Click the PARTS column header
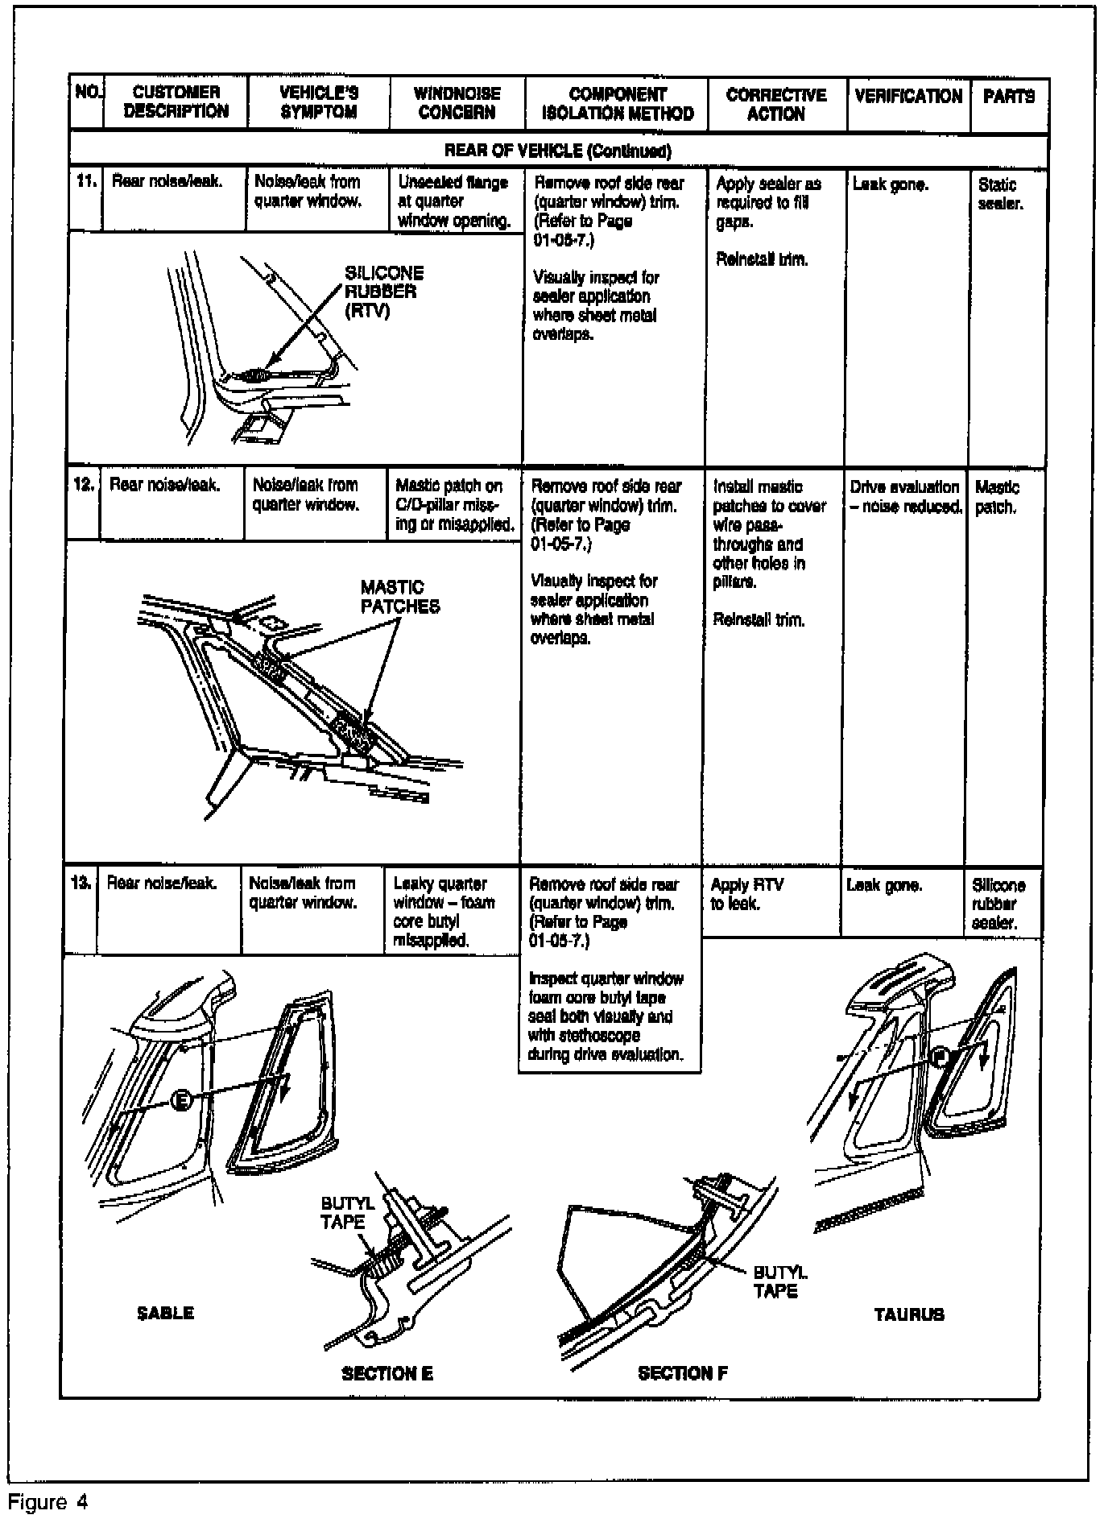(1008, 97)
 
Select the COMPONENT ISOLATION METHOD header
(617, 104)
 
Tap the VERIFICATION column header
(907, 97)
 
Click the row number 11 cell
(86, 181)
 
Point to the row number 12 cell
(84, 485)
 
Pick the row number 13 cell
(81, 884)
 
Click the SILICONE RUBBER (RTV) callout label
(383, 292)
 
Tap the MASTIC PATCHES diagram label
(399, 597)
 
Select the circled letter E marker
(183, 1099)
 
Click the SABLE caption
(165, 1313)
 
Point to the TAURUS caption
(909, 1314)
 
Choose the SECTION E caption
(387, 1374)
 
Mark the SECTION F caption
(683, 1374)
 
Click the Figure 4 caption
(48, 1501)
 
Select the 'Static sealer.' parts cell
(999, 194)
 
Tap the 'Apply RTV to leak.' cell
(746, 894)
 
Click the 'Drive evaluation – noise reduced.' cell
(905, 497)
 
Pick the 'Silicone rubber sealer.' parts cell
(998, 904)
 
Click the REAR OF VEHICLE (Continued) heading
(558, 151)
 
